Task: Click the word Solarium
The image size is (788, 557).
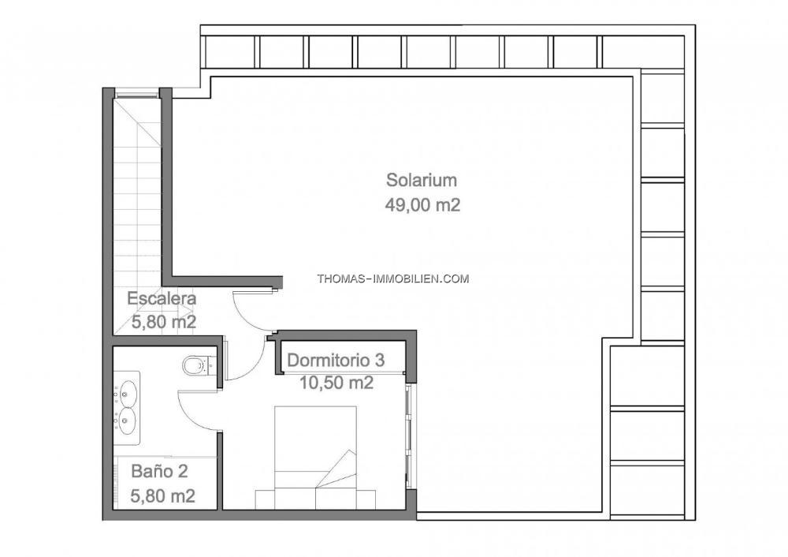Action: click(421, 180)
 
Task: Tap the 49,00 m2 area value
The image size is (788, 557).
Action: click(422, 205)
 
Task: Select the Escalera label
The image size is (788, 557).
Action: click(162, 298)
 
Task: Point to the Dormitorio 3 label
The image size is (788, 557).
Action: click(336, 361)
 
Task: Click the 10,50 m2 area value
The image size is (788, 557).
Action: click(336, 383)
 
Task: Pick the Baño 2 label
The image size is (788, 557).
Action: click(159, 472)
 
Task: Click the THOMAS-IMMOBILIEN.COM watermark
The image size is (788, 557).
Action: click(393, 278)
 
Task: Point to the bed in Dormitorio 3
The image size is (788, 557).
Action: click(316, 458)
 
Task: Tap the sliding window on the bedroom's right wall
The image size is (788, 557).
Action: click(409, 436)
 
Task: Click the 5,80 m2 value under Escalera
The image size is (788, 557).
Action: click(164, 322)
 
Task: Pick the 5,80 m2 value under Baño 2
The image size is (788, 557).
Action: click(163, 496)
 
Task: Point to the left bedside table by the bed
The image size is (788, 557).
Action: click(265, 499)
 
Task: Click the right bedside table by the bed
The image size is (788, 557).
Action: click(366, 499)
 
